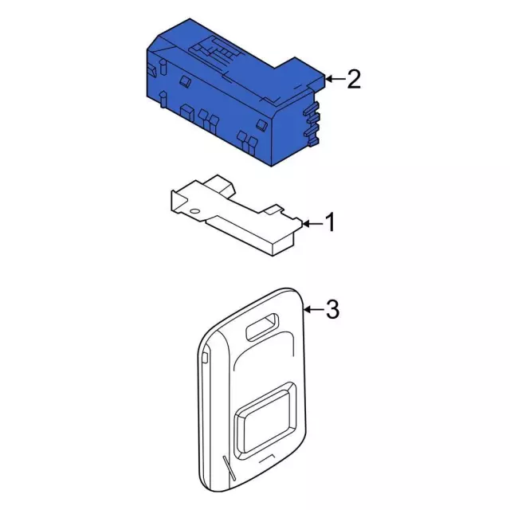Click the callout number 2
[354, 79]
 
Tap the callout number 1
[329, 224]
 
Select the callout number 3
[333, 309]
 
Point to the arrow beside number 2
[335, 79]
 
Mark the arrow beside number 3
[314, 309]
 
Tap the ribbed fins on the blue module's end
[312, 120]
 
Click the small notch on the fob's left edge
[205, 357]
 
